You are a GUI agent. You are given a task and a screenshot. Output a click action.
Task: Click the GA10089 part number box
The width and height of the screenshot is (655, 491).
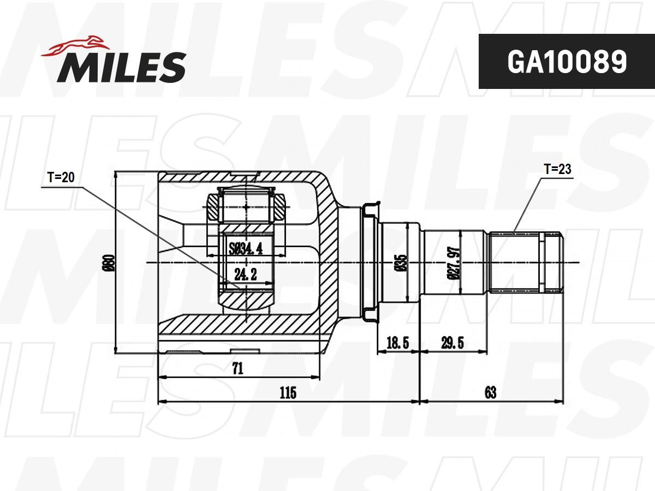click(567, 62)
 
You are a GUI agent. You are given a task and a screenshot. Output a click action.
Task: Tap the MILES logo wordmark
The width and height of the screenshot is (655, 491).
click(122, 67)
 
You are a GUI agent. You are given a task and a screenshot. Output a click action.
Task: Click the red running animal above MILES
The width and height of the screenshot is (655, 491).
click(75, 47)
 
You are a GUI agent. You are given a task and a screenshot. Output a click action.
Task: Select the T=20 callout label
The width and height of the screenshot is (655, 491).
click(61, 177)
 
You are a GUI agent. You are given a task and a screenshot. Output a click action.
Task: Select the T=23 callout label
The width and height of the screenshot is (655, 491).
click(557, 169)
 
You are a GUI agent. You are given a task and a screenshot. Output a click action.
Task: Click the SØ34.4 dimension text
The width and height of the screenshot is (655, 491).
click(246, 248)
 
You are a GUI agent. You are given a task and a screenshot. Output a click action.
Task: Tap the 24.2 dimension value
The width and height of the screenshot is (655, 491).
click(246, 274)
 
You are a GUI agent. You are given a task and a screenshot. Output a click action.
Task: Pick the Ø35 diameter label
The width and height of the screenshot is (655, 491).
click(402, 262)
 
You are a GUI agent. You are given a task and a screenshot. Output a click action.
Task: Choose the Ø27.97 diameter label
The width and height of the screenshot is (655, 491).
click(454, 262)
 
